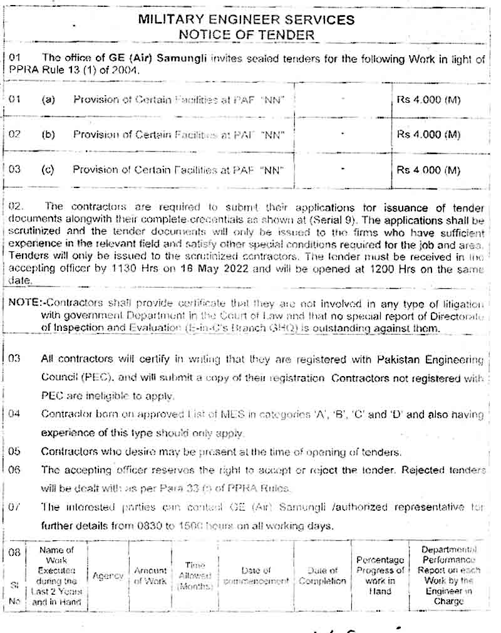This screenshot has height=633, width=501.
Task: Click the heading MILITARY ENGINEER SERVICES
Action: [x=246, y=20]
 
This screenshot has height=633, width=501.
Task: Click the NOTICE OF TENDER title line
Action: [x=246, y=35]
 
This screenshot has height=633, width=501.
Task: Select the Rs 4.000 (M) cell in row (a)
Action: [x=428, y=100]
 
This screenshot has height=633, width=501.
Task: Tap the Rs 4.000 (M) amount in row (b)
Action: [x=428, y=135]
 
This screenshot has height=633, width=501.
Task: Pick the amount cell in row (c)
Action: [x=428, y=170]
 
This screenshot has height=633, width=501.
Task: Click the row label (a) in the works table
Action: [x=48, y=100]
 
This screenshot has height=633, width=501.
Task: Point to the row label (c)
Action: [x=48, y=170]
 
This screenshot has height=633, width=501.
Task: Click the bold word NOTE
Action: [x=23, y=303]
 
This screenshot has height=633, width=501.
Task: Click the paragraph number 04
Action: [x=14, y=414]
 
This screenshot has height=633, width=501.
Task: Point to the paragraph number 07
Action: [x=14, y=507]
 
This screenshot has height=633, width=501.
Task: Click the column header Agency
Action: [x=108, y=575]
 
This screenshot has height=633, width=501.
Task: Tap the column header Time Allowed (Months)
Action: [x=195, y=575]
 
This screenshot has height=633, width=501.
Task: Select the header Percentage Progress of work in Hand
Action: [x=379, y=575]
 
